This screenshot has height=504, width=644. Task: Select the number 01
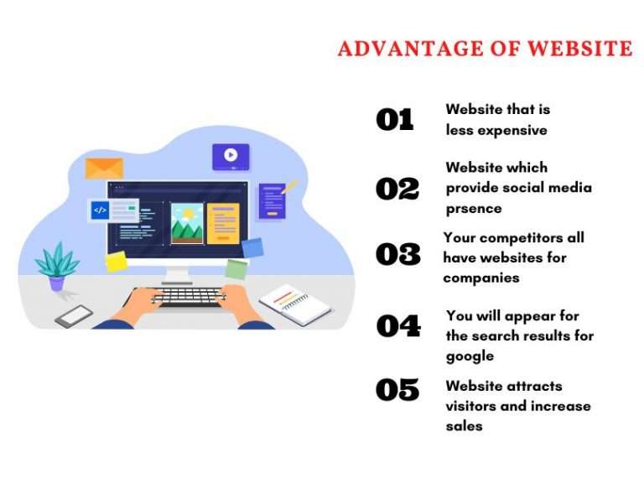pos(395,120)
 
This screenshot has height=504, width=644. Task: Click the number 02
pos(397,189)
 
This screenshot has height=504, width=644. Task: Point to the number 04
pos(397,325)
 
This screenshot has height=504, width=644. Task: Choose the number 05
pos(397,389)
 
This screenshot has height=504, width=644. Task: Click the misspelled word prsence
pos(474,208)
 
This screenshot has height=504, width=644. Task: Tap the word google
pos(470,356)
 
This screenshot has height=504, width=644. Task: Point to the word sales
pos(464,426)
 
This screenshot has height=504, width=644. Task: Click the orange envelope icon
pos(104,168)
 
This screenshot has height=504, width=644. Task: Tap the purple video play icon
pos(230,155)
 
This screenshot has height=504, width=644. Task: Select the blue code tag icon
pos(101,210)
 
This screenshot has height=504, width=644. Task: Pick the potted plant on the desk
pos(56,266)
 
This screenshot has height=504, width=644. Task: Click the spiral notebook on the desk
pos(295,303)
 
